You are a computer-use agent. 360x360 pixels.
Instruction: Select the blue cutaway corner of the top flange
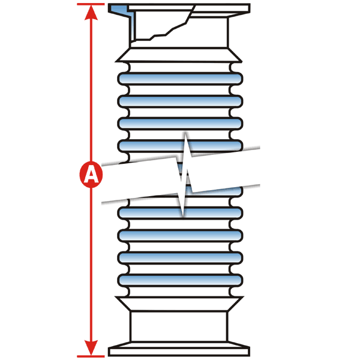pyautogui.click(x=119, y=9)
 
